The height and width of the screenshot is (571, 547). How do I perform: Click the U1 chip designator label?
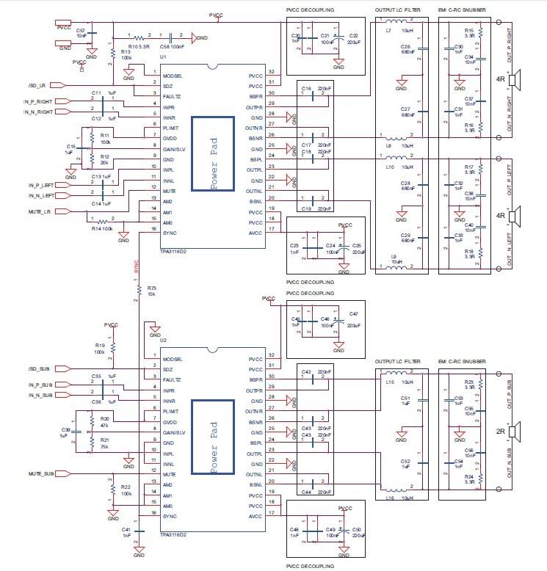(162, 57)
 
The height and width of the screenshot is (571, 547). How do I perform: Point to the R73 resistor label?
(151, 288)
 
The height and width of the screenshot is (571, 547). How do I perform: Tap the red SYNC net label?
(136, 266)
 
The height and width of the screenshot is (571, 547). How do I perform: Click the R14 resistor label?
(96, 229)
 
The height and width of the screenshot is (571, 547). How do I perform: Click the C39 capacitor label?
(65, 429)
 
